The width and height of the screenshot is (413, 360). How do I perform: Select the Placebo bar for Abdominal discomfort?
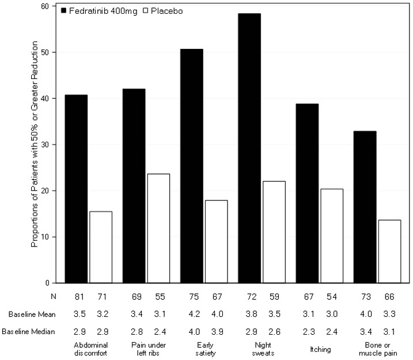[101, 247]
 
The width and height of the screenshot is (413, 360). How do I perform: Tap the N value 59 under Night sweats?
[274, 298]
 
